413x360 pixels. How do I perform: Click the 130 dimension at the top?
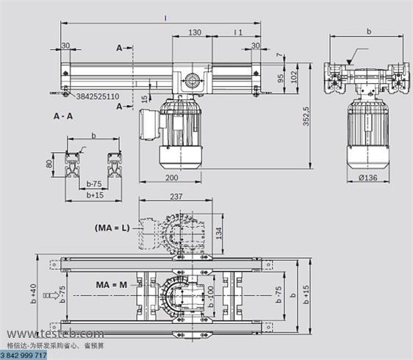[x=195, y=33]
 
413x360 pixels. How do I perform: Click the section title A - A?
[x=62, y=116]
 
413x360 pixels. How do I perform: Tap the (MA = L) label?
[x=112, y=227]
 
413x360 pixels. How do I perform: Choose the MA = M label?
[x=112, y=284]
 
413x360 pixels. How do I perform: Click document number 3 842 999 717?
[x=24, y=355]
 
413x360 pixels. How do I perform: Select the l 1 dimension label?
[x=238, y=33]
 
